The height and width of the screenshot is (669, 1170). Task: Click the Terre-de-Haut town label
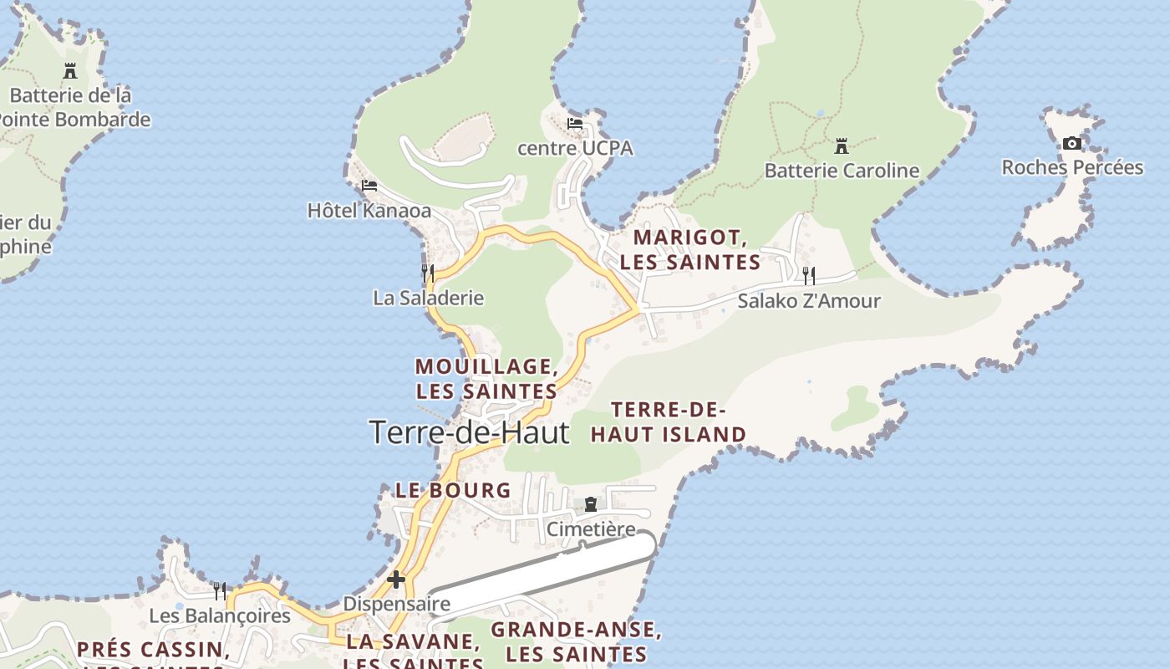coord(469,432)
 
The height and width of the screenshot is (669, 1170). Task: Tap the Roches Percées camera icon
coord(1072,144)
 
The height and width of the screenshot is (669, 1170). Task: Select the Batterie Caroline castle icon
coord(842,146)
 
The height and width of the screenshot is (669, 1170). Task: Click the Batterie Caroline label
coord(842,171)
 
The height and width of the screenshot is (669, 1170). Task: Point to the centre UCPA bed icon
coord(575,124)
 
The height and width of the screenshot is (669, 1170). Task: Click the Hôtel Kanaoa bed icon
coord(369,186)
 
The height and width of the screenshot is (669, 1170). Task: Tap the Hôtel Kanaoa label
coord(369,210)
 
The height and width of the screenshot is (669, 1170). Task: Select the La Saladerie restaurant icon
coord(428,273)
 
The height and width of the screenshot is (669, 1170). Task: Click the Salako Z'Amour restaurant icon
coord(808,275)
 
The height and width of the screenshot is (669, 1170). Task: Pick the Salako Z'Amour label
coord(808,301)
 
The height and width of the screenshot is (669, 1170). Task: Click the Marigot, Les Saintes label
coord(689,250)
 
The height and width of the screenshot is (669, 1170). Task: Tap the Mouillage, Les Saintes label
coord(486,379)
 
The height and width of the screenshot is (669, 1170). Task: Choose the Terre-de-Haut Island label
coord(669,422)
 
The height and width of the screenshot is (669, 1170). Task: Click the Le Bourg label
coord(453,491)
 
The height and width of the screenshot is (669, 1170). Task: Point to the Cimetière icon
coord(591,505)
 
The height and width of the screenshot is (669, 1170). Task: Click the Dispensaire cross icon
coord(396,579)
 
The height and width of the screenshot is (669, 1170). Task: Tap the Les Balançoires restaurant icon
coord(220,591)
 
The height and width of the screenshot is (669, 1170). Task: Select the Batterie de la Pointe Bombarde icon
coord(70,71)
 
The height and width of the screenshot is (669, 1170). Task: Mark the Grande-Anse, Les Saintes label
coord(577,641)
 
